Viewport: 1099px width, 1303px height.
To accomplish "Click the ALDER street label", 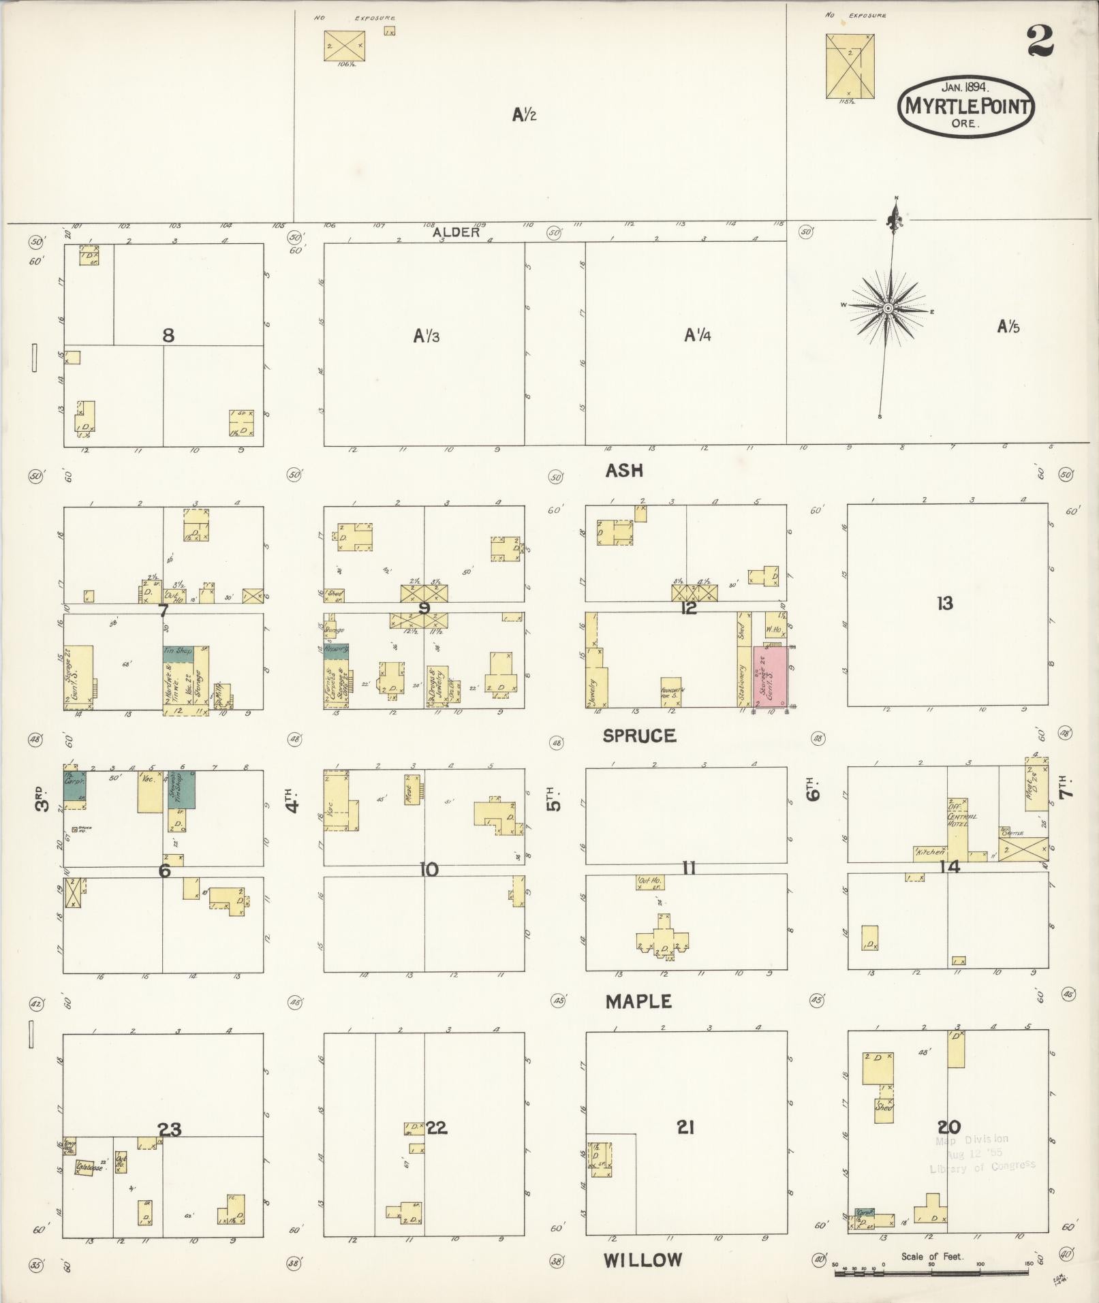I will pyautogui.click(x=456, y=232).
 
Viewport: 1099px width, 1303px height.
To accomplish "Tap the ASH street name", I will pyautogui.click(x=624, y=471).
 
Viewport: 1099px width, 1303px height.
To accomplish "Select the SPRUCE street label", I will pyautogui.click(x=639, y=736).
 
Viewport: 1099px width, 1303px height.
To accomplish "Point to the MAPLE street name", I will pyautogui.click(x=638, y=1001).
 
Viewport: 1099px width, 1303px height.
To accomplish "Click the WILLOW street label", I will pyautogui.click(x=643, y=1259).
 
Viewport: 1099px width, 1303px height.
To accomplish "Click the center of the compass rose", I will pyautogui.click(x=888, y=309).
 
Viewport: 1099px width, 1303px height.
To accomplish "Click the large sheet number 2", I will pyautogui.click(x=1040, y=42).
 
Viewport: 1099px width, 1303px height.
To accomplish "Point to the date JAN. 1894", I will pyautogui.click(x=965, y=87).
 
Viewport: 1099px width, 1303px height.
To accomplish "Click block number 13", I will pyautogui.click(x=944, y=603).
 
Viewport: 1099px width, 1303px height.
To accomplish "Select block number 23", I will pyautogui.click(x=170, y=1129).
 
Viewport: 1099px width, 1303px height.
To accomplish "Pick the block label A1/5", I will pyautogui.click(x=1008, y=327).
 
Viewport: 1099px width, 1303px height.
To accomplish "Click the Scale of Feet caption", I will pyautogui.click(x=931, y=1256).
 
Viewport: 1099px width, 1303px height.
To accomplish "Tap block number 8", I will pyautogui.click(x=168, y=335).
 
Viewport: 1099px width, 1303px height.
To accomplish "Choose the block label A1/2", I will pyautogui.click(x=524, y=115).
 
